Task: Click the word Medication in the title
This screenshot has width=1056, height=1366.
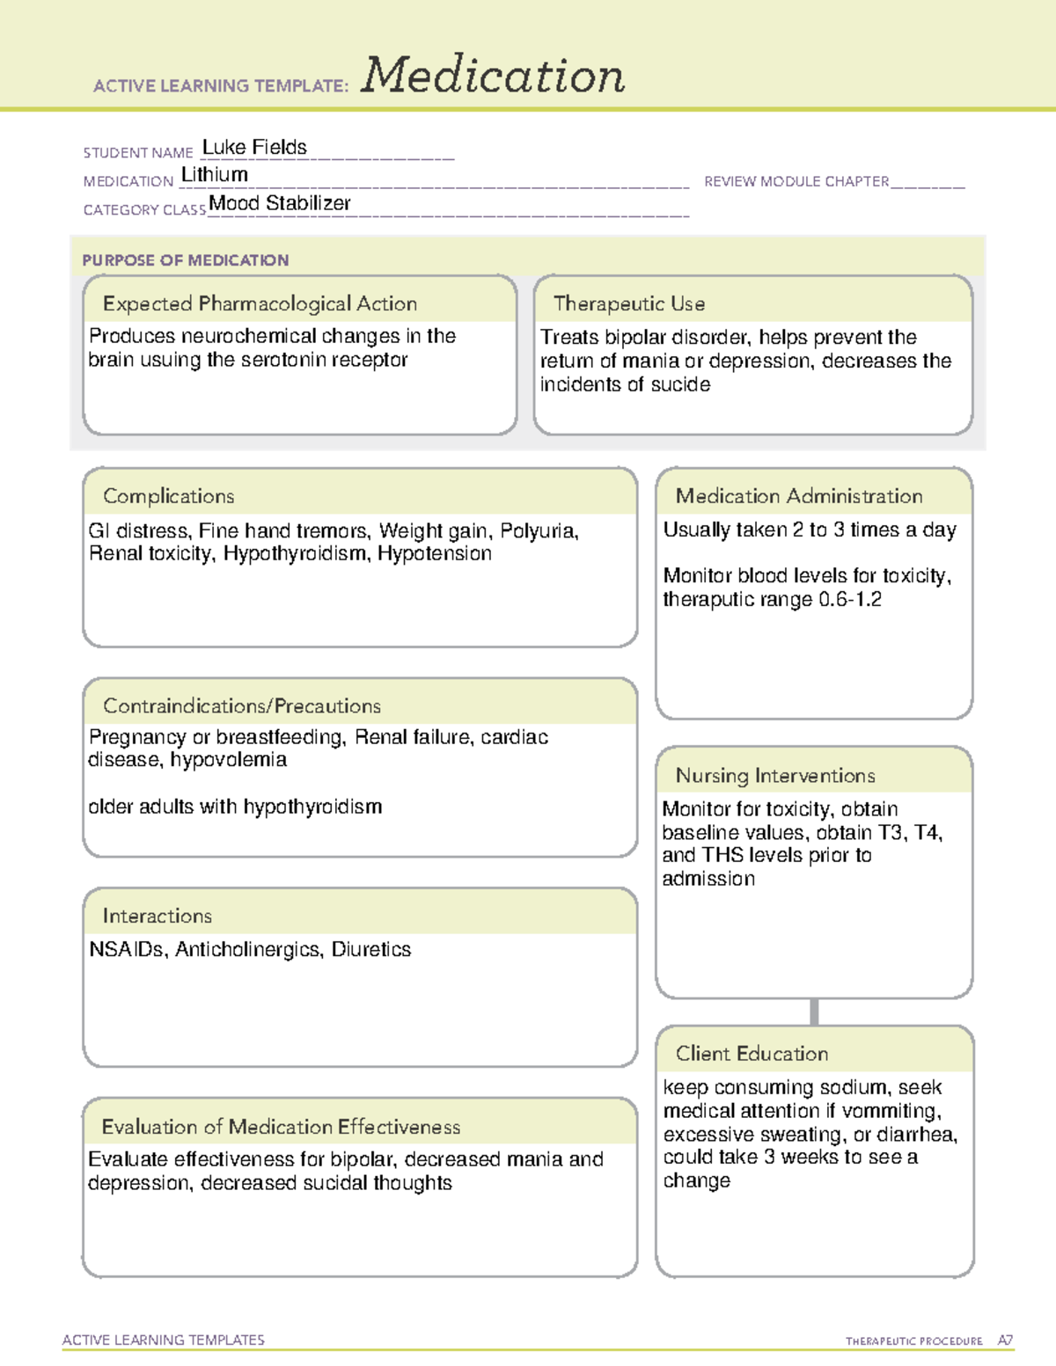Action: tap(493, 76)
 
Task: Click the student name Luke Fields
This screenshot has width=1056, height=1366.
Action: tap(254, 147)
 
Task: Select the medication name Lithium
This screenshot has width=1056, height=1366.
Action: tap(215, 175)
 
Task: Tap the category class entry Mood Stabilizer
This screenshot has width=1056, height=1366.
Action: tap(280, 203)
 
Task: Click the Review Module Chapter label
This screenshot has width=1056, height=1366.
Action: tap(796, 181)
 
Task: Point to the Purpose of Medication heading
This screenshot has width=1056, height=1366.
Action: tap(186, 260)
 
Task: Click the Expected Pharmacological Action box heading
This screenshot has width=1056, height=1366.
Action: tap(260, 303)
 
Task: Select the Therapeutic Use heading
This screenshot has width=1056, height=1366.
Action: tap(629, 303)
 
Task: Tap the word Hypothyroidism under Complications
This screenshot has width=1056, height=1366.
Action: tap(295, 553)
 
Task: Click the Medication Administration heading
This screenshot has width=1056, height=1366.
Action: tap(799, 496)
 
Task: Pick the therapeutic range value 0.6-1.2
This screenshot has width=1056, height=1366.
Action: tap(850, 600)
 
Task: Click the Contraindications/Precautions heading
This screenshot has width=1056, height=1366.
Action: tap(242, 706)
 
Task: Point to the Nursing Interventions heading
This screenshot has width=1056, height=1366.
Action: tap(775, 776)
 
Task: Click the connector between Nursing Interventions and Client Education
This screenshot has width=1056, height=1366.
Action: tap(814, 1012)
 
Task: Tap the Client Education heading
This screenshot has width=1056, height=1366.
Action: tap(752, 1054)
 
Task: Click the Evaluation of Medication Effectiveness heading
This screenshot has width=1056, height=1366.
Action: tap(281, 1127)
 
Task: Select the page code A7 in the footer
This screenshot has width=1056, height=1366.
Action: tap(1005, 1340)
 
